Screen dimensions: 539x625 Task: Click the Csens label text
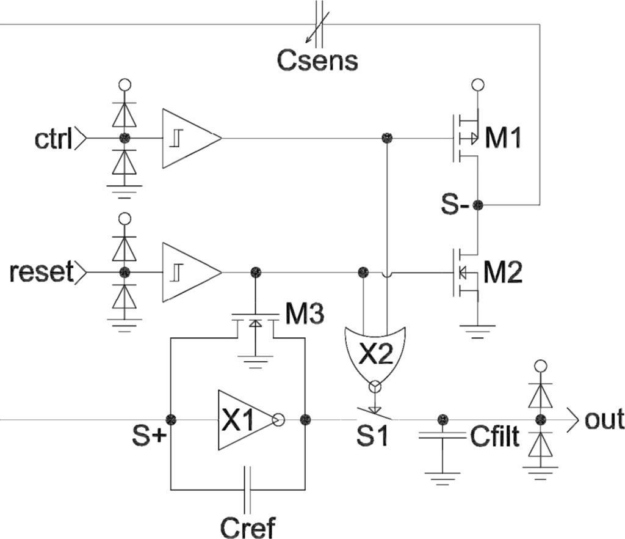[x=317, y=61]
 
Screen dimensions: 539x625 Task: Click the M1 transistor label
[x=504, y=139]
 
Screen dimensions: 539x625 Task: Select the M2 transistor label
[x=504, y=271]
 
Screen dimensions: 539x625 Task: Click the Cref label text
[x=249, y=526]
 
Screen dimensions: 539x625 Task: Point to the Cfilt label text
[x=495, y=438]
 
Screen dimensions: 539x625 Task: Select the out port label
[x=604, y=420]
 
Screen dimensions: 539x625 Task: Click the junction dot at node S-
[x=479, y=205]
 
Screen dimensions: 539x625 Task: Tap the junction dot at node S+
[x=171, y=420]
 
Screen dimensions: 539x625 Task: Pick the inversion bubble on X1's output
[x=278, y=420]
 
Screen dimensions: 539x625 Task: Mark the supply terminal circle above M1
[x=479, y=84]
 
